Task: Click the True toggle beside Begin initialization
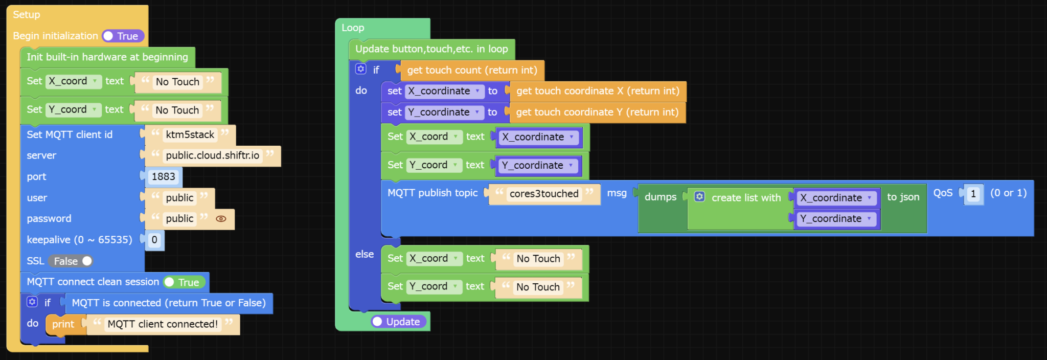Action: coord(123,36)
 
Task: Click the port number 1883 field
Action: coord(163,177)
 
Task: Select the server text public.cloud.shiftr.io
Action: coord(212,155)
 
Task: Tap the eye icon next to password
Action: coord(221,219)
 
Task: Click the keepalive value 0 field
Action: coord(154,240)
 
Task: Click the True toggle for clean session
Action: coord(184,282)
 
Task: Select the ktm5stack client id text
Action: coord(190,135)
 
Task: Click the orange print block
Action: coord(63,324)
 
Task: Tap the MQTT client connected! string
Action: coord(163,324)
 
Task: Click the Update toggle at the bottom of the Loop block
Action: coord(398,322)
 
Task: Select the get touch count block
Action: coord(471,71)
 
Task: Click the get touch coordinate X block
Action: coord(597,92)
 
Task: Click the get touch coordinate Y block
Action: coord(597,112)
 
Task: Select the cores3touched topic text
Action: coord(543,194)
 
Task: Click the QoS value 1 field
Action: coord(973,194)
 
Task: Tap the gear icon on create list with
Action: coord(699,197)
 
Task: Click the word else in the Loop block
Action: coord(365,254)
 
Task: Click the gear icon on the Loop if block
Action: coord(361,69)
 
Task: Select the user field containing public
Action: coord(179,198)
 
